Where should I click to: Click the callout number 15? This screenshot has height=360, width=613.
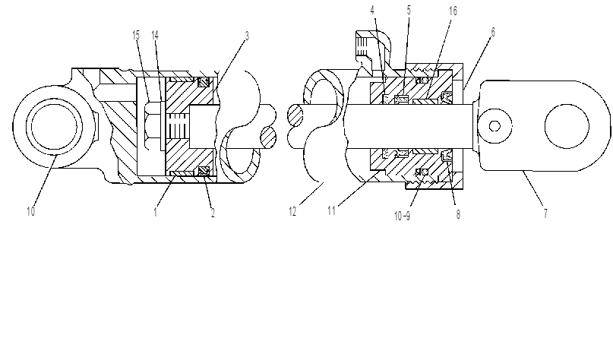pyautogui.click(x=136, y=36)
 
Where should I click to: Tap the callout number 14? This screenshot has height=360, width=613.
pyautogui.click(x=155, y=36)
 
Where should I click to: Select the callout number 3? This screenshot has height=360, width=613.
pyautogui.click(x=247, y=36)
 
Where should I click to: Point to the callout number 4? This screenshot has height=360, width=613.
pyautogui.click(x=372, y=11)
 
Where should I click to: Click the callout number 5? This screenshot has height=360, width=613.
pyautogui.click(x=409, y=10)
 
